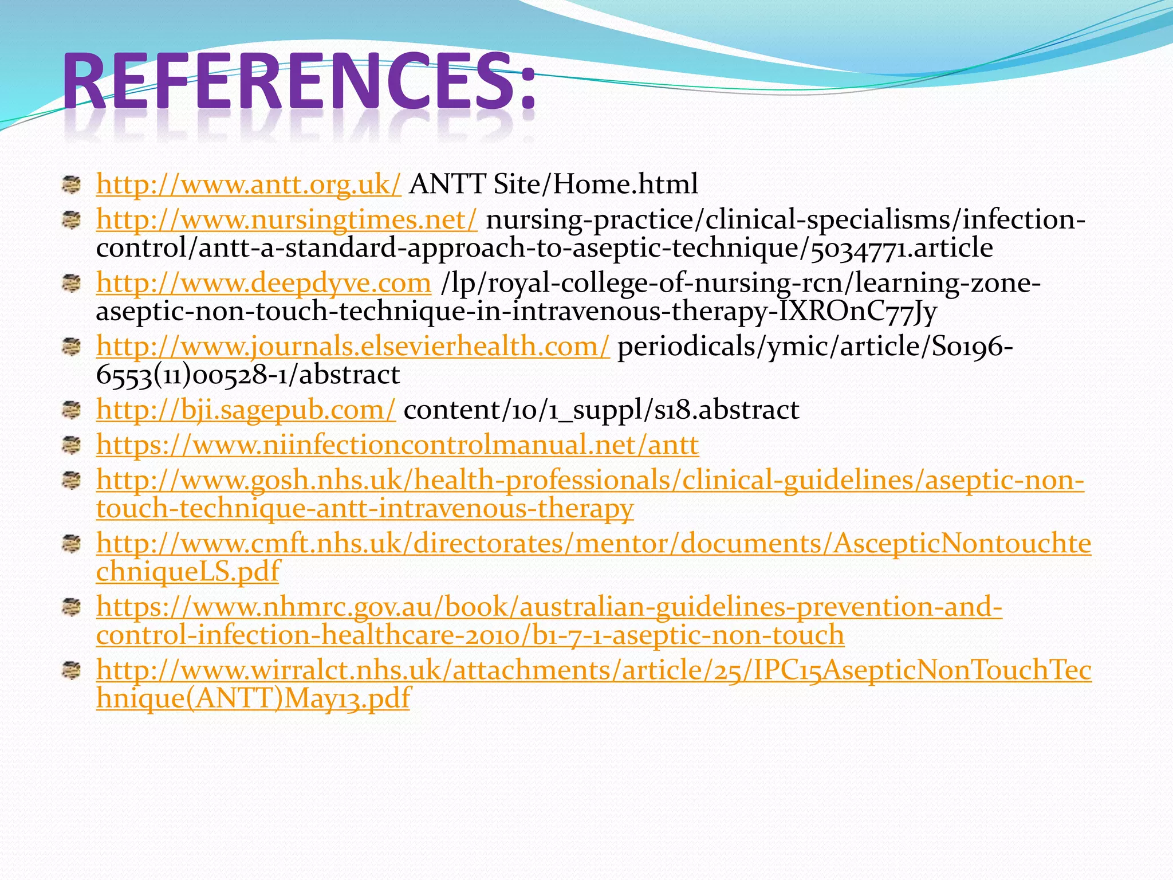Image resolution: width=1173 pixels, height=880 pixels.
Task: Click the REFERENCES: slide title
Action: point(299,81)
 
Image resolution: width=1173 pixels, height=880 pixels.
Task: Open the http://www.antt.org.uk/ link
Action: point(249,184)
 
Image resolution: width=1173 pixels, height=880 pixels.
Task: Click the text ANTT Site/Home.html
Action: point(553,184)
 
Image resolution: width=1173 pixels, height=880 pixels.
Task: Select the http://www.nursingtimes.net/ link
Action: point(286,219)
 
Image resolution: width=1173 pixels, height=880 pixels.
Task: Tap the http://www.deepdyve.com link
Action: point(263,283)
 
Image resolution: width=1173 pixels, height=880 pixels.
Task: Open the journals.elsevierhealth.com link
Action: point(353,347)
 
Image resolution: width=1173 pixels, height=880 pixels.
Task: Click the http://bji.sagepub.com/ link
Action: point(246,410)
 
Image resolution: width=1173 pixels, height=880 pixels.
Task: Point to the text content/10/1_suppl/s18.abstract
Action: point(601,410)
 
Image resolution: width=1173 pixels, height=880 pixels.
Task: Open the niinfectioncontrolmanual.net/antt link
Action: point(397,445)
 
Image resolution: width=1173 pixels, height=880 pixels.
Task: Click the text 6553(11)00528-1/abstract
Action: point(247,375)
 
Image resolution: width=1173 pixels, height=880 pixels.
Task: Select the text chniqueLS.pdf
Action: point(188,572)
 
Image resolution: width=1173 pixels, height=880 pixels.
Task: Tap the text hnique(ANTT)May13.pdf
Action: point(253,698)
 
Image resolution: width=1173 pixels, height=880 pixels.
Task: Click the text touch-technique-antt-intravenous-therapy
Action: point(365,508)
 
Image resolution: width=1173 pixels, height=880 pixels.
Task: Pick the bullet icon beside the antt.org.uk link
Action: point(72,184)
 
